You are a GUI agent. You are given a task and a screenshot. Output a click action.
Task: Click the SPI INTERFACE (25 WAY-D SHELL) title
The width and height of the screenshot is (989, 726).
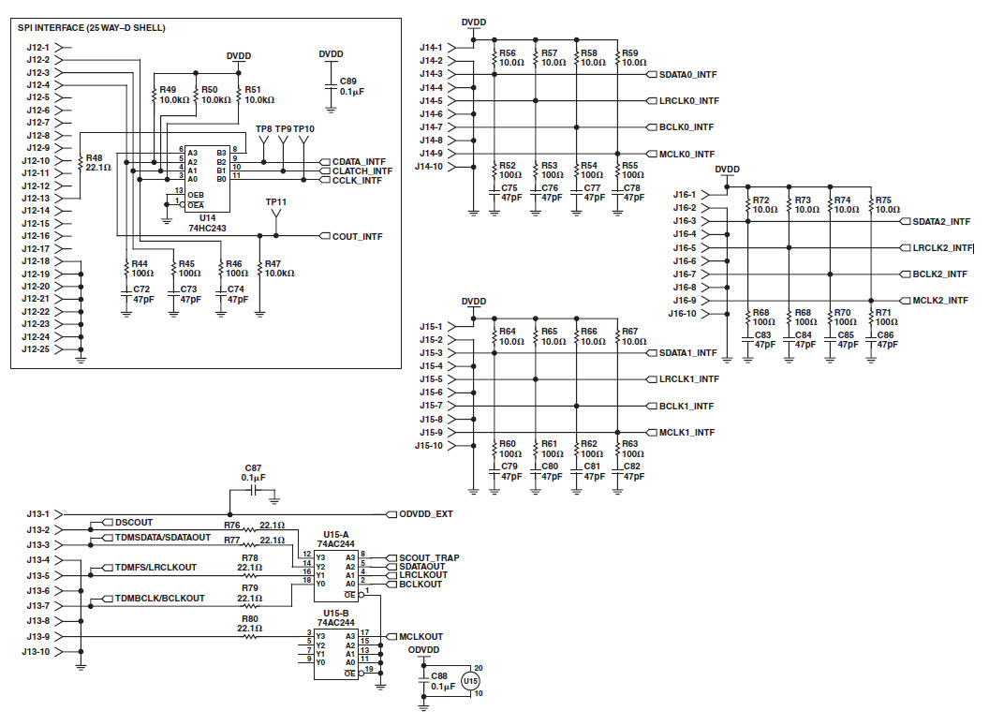coord(92,28)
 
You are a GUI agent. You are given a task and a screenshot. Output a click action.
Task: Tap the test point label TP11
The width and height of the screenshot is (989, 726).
coord(275,202)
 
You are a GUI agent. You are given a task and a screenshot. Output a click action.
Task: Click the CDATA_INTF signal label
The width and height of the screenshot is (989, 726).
coord(359,161)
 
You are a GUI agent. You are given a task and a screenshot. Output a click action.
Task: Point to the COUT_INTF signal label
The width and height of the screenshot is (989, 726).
coord(357,236)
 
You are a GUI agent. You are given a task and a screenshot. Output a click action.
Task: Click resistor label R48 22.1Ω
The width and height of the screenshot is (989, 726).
coord(98,163)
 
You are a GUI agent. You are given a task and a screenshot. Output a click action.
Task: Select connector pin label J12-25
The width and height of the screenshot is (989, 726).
coord(38,349)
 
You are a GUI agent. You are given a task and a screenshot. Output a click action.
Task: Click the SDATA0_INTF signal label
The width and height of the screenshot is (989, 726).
coord(688,74)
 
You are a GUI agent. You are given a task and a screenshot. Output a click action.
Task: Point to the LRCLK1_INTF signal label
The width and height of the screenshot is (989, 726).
coord(688,379)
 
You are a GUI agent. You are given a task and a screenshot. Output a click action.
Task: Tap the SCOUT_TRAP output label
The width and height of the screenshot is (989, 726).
coord(429,558)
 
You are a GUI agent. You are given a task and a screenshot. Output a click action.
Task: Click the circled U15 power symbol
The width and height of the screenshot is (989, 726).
coord(470,681)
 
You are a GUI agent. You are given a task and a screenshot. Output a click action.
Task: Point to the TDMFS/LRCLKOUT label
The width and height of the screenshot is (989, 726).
coord(155,568)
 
